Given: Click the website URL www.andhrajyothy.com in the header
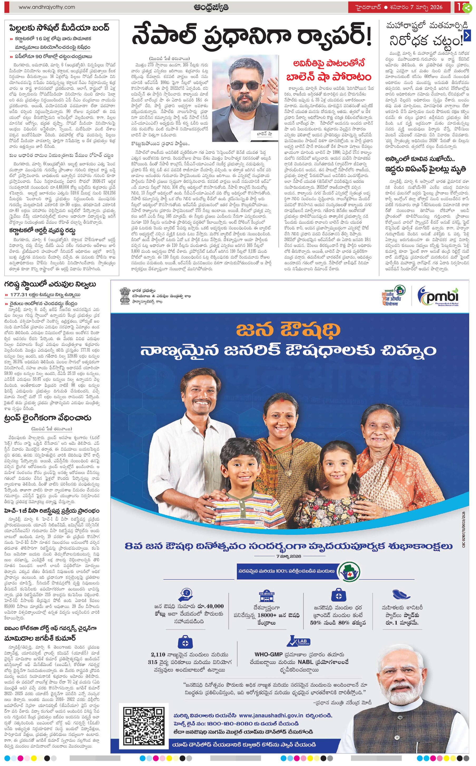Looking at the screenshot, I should (x=47, y=7).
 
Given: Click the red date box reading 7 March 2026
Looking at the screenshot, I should (x=400, y=7).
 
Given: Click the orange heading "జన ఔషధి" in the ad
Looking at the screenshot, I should (x=288, y=330).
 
